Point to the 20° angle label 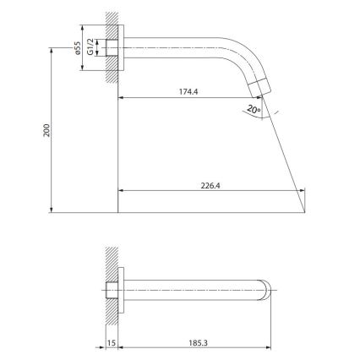click(x=254, y=108)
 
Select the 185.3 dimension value click(x=199, y=343)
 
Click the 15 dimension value click(x=111, y=343)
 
